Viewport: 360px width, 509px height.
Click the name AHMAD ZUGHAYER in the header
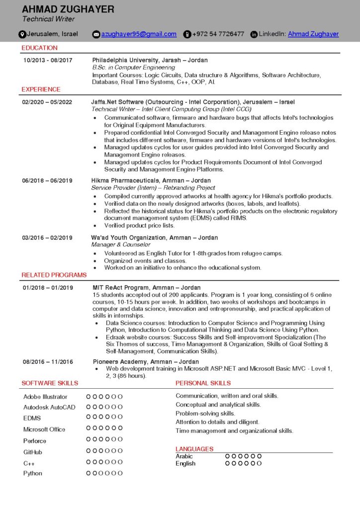point(68,9)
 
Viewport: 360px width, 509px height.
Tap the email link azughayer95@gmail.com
point(139,34)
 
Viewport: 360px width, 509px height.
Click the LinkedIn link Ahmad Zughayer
point(313,34)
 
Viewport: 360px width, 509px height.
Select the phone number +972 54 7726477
point(218,34)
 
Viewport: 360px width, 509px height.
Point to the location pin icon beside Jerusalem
point(22,34)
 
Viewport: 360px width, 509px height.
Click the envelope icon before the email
point(96,34)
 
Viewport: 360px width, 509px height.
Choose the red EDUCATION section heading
point(39,48)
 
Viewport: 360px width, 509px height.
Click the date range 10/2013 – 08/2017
point(48,60)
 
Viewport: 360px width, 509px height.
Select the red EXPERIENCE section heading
point(41,89)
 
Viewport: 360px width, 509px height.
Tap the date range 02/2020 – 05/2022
point(47,102)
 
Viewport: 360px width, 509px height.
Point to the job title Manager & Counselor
point(121,245)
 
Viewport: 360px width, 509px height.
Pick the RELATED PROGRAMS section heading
point(54,275)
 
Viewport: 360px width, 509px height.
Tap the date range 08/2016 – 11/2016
point(48,361)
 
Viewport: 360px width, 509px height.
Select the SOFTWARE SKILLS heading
point(50,383)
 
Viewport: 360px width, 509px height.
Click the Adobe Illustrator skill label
point(45,397)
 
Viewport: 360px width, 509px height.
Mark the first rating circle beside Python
point(89,473)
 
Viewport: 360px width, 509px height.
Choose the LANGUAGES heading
point(194,449)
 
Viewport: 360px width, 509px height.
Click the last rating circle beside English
point(259,463)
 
